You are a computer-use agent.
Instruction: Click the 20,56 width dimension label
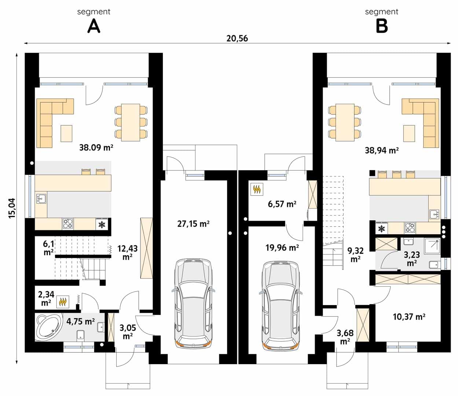[237, 38]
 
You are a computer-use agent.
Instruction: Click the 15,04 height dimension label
[12, 208]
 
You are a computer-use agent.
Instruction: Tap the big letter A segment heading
[94, 26]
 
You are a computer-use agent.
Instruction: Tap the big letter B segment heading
[382, 26]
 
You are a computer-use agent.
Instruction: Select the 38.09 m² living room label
[96, 147]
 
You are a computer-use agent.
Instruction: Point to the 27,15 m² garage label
[193, 224]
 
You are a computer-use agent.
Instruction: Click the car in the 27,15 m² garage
[194, 303]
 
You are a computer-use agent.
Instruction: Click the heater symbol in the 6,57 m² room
[257, 189]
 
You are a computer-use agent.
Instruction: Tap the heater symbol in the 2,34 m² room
[63, 302]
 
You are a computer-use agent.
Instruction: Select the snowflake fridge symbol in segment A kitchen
[102, 224]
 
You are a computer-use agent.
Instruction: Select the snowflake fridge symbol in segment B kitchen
[382, 229]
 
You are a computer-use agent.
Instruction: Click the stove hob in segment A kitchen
[68, 224]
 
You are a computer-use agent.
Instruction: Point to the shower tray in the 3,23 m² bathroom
[432, 246]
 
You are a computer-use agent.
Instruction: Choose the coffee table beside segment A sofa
[66, 133]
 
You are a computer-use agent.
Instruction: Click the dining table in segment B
[345, 122]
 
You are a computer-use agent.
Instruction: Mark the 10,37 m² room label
[409, 317]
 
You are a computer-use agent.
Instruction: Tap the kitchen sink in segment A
[41, 199]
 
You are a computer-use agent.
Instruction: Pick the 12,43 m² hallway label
[127, 253]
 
